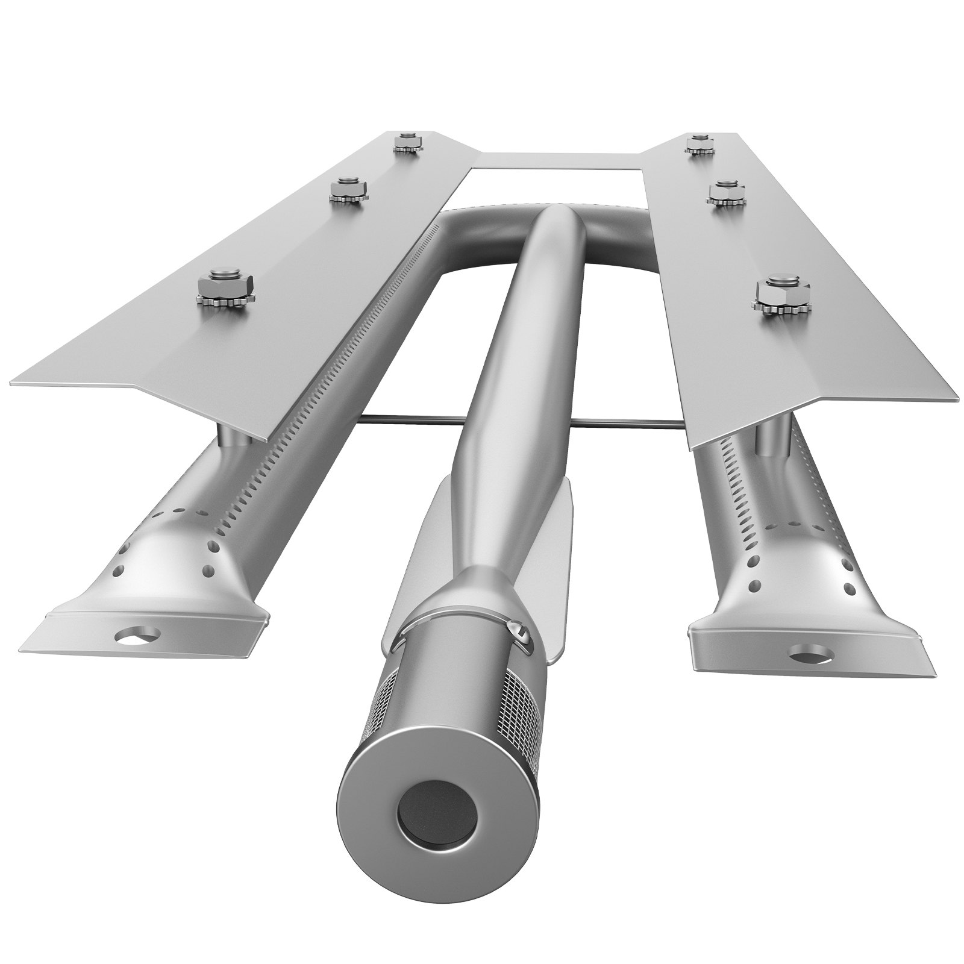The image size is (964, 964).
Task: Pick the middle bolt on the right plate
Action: pos(725,195)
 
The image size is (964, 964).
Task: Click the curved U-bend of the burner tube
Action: pos(482,238)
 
